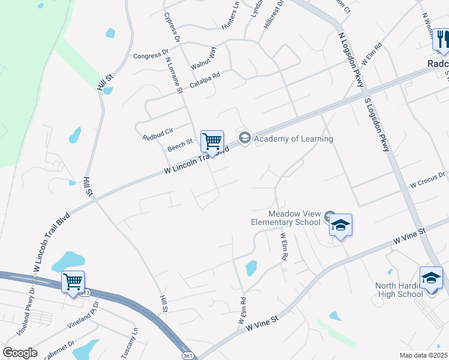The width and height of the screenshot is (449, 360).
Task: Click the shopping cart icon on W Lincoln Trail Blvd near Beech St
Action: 212,142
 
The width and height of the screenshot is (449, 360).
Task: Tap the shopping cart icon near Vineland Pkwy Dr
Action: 73,281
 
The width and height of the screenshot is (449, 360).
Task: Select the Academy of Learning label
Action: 293,139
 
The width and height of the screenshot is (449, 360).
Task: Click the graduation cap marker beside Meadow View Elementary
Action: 340,225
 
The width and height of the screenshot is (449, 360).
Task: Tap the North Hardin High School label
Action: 399,290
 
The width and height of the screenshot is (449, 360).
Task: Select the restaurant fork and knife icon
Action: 443,40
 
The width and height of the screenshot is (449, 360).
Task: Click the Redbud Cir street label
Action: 158,133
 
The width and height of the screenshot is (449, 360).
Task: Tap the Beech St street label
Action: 180,145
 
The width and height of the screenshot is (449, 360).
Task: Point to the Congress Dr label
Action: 148,56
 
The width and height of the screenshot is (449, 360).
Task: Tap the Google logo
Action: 20,353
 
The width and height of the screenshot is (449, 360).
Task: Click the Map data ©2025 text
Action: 423,355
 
